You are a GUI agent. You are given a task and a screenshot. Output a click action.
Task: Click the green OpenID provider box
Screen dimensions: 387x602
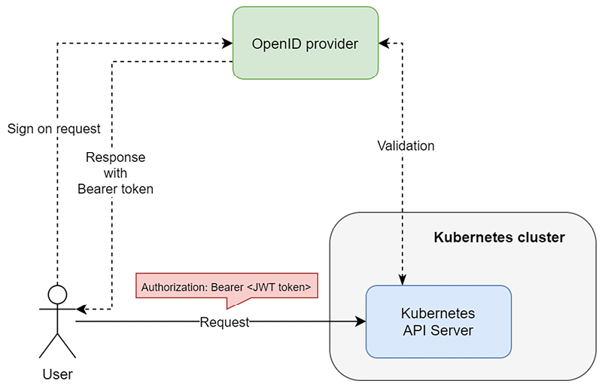coord(305,43)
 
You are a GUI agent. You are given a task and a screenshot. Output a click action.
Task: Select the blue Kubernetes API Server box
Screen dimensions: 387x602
coord(438,321)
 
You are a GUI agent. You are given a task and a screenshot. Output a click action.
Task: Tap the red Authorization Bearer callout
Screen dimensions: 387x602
coord(226,287)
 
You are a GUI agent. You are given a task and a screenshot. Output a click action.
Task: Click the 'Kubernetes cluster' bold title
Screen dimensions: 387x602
coord(499,238)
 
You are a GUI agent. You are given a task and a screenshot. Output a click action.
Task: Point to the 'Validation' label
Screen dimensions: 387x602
coord(406,146)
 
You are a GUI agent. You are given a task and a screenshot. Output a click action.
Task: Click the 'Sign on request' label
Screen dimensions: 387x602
coord(53,129)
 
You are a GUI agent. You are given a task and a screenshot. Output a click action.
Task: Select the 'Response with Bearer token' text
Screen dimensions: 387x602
coord(115,174)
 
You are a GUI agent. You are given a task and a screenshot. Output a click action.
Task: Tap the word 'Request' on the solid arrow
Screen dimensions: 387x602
coord(224,322)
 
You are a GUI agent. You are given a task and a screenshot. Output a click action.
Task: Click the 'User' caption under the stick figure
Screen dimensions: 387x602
coord(57,373)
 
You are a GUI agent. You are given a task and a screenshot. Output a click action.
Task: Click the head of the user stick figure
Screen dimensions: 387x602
coord(57,294)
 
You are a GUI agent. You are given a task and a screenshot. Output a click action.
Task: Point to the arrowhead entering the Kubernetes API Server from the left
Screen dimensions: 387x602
coord(360,322)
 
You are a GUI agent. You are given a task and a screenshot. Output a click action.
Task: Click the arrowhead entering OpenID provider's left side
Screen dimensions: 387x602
coord(227,43)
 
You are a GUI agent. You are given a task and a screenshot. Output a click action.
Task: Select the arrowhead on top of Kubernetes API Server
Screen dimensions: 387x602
coord(403,280)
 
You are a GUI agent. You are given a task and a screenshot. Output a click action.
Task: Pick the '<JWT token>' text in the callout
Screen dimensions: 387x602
coord(278,287)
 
